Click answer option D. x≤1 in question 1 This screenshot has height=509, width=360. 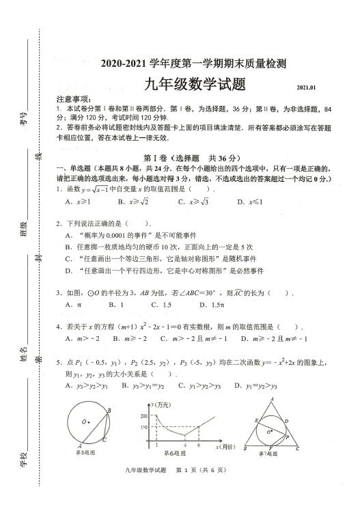[250, 202]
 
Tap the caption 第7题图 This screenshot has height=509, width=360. [271, 452]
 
